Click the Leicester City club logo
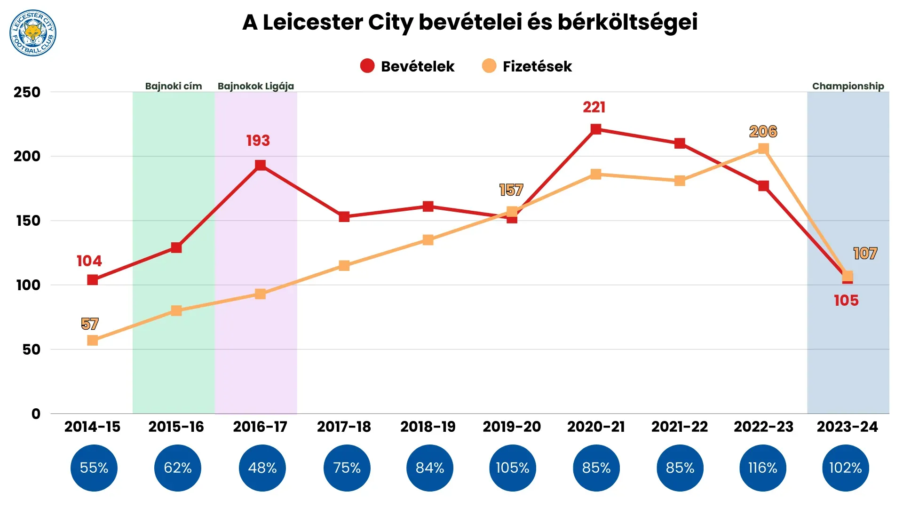[x=33, y=33]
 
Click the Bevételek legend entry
[x=407, y=66]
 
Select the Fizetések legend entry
[x=527, y=66]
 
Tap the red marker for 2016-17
[x=260, y=165]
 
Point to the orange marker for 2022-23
[x=763, y=149]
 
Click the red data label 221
[x=594, y=107]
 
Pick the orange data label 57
[x=89, y=324]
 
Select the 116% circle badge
[x=762, y=468]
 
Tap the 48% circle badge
[x=262, y=468]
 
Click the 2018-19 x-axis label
[x=428, y=427]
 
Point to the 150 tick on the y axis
[x=28, y=221]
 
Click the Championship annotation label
[x=848, y=86]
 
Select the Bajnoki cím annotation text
[x=173, y=86]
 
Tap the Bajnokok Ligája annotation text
[x=255, y=86]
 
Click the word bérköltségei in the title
[x=627, y=22]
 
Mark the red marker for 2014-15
[x=93, y=280]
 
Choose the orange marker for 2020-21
[x=595, y=174]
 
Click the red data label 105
[x=846, y=301]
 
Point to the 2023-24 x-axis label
[x=847, y=427]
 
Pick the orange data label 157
[x=511, y=190]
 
